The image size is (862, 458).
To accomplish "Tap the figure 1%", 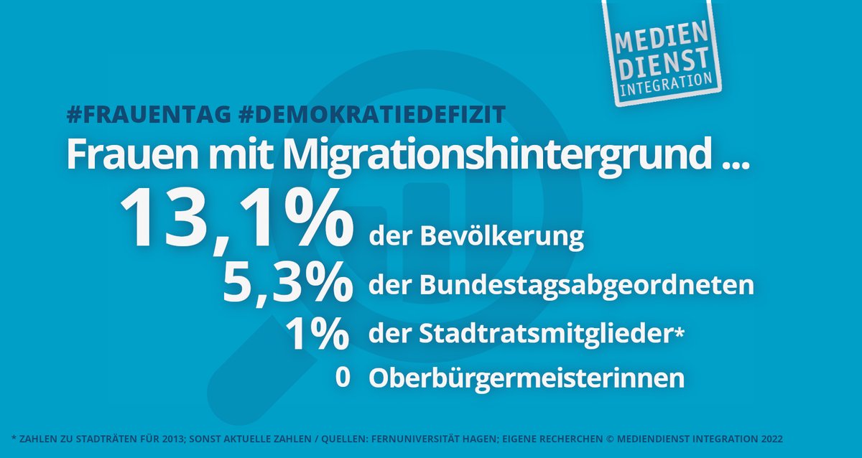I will pyautogui.click(x=316, y=332).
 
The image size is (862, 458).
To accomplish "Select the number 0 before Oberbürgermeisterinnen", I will pyautogui.click(x=342, y=378).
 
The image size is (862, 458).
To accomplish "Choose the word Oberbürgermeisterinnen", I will pyautogui.click(x=527, y=378).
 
